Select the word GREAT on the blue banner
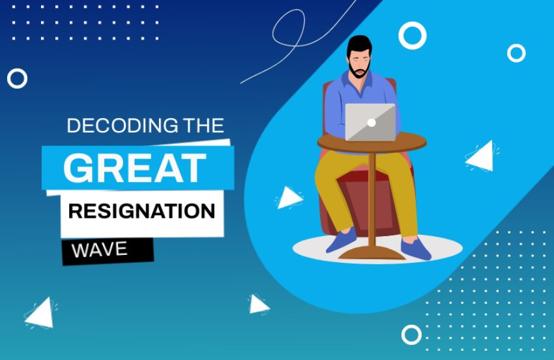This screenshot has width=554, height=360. click(x=134, y=168)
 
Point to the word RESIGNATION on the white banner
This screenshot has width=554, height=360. click(x=141, y=211)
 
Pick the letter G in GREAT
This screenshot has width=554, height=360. click(x=77, y=168)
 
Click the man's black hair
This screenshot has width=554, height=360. click(x=359, y=44)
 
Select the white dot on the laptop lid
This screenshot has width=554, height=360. click(x=371, y=122)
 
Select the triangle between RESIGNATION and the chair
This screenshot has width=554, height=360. click(x=288, y=198)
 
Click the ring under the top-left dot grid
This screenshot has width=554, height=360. click(x=17, y=78)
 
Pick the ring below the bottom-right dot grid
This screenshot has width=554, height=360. click(x=411, y=335)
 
